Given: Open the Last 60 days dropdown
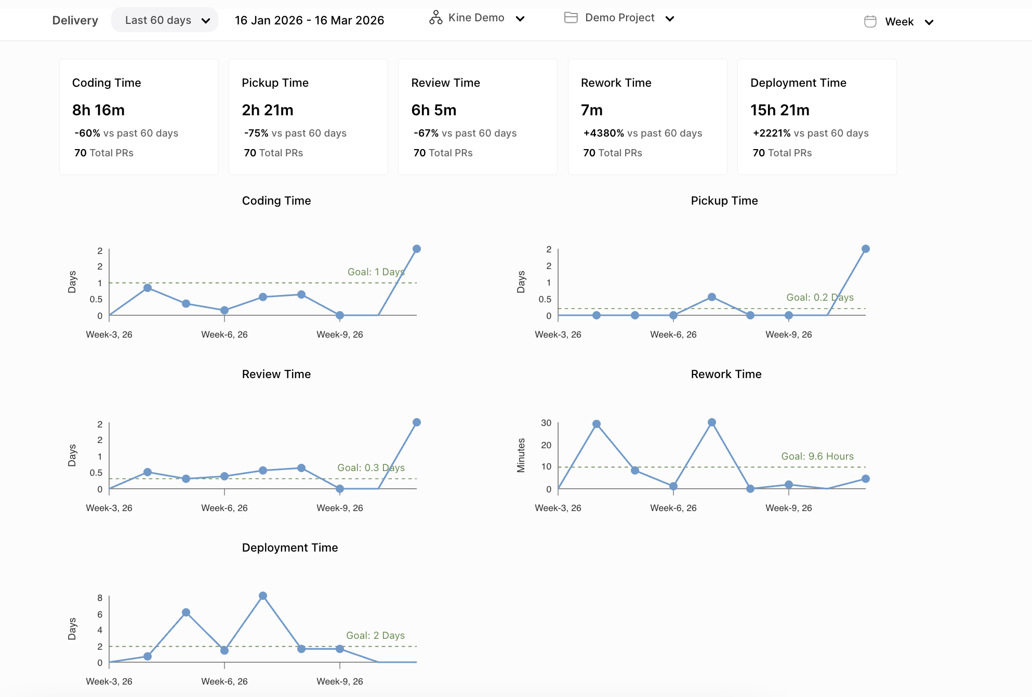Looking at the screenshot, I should pyautogui.click(x=165, y=20).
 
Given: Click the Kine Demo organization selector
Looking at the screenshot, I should pyautogui.click(x=477, y=18).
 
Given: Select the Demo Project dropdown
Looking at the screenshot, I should pyautogui.click(x=619, y=18).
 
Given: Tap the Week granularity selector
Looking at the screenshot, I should pyautogui.click(x=899, y=22).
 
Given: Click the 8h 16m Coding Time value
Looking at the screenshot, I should pyautogui.click(x=98, y=110).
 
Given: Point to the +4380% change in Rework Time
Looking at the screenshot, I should pyautogui.click(x=603, y=133).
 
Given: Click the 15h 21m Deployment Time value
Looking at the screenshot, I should pyautogui.click(x=779, y=110).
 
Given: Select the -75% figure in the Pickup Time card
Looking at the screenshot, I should pyautogui.click(x=256, y=133).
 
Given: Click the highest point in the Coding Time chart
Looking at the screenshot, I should pyautogui.click(x=416, y=249).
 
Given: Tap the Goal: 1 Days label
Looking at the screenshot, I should pyautogui.click(x=376, y=272).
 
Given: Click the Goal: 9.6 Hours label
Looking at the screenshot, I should pyautogui.click(x=817, y=456).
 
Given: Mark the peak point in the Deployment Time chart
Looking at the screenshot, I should pyautogui.click(x=263, y=596).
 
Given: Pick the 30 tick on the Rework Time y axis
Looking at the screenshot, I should pyautogui.click(x=546, y=423).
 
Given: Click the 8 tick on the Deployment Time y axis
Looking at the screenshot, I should pyautogui.click(x=100, y=598).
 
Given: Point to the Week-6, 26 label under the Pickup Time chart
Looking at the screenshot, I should pyautogui.click(x=673, y=334).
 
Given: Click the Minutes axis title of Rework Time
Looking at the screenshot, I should pyautogui.click(x=521, y=455).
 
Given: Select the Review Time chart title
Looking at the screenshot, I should pyautogui.click(x=276, y=374).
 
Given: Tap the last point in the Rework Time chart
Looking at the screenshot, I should pyautogui.click(x=865, y=479).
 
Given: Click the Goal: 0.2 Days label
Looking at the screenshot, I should pyautogui.click(x=819, y=297).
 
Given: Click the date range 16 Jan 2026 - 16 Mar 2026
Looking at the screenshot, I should pyautogui.click(x=309, y=20).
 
